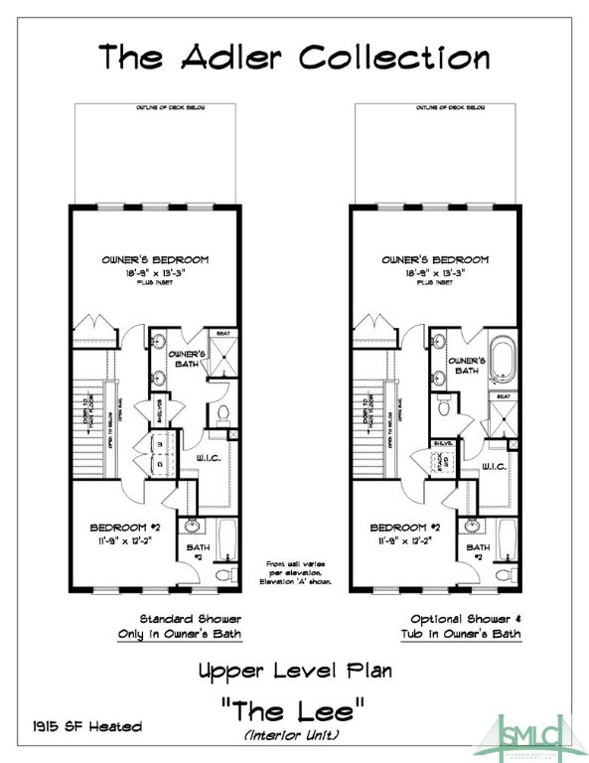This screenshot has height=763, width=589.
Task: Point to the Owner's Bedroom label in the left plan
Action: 155,259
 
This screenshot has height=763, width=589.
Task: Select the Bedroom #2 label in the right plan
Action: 404,527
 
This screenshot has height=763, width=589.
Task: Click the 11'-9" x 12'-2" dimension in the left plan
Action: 122,541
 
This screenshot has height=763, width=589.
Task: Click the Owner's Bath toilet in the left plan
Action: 221,412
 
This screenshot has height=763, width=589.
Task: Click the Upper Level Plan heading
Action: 294,671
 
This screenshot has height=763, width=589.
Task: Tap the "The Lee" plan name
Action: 295,711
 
